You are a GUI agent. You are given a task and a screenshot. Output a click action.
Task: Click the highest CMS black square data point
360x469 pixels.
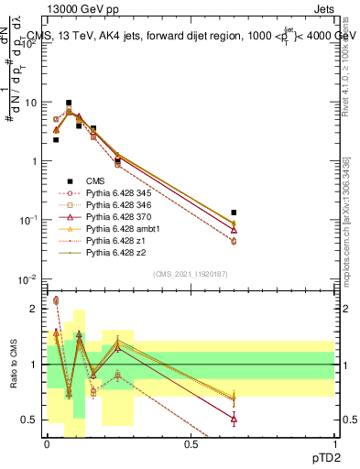click(x=68, y=103)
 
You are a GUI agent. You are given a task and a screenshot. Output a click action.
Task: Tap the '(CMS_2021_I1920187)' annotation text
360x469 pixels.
click(x=191, y=273)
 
